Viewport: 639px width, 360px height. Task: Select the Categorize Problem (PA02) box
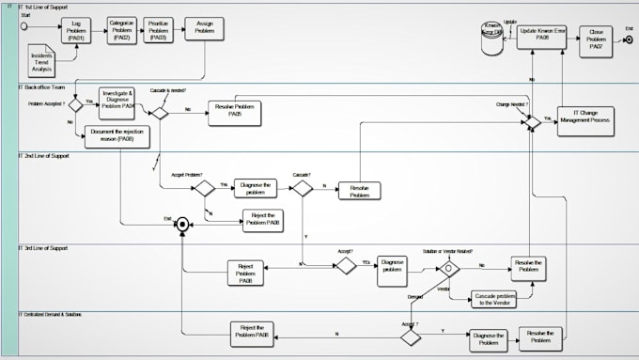click(x=121, y=28)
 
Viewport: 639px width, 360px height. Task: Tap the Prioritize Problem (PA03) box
click(x=159, y=30)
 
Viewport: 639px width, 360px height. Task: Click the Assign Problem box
click(x=204, y=29)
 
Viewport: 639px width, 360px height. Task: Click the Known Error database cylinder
click(x=491, y=36)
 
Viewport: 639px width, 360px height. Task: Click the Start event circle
click(x=24, y=26)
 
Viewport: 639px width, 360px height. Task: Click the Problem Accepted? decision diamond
click(x=75, y=105)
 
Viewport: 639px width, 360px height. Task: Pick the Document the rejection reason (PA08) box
click(x=117, y=137)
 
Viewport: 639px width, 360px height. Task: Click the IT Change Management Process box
click(x=585, y=120)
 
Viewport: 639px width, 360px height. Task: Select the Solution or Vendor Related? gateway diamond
click(x=447, y=268)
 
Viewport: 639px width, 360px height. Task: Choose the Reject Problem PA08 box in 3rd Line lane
click(x=245, y=273)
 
